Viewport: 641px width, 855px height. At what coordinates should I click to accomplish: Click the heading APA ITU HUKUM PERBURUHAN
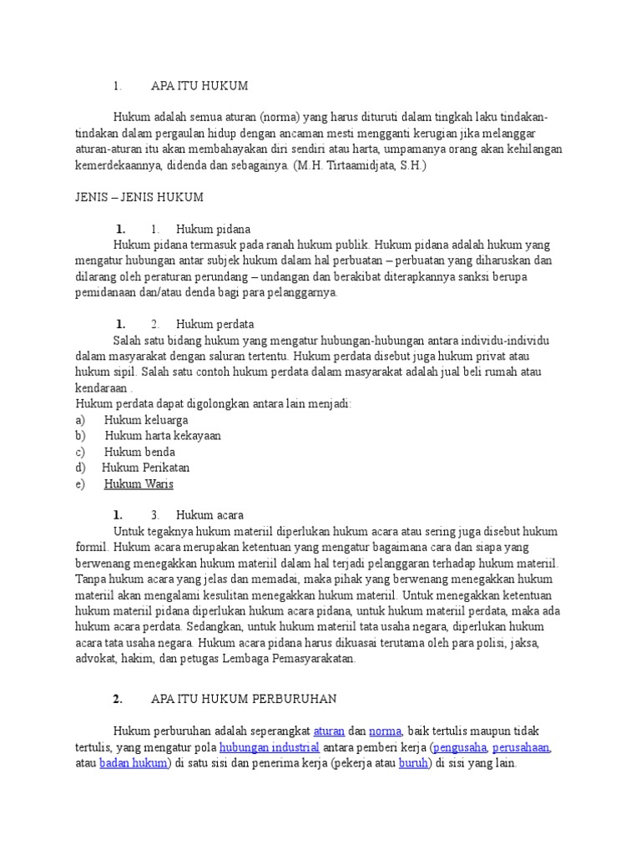coord(244,699)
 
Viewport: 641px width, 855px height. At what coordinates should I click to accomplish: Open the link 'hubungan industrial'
coord(270,747)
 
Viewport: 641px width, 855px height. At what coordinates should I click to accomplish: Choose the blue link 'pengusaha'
coord(460,747)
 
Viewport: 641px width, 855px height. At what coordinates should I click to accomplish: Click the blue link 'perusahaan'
coord(522,747)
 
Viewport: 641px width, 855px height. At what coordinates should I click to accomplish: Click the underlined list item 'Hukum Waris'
coord(139,483)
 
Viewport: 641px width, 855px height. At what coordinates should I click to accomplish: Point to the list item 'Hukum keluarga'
coord(146,420)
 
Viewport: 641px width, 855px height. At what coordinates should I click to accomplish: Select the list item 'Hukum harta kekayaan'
coord(163,436)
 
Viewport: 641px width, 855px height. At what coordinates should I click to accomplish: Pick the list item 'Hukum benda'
coord(139,452)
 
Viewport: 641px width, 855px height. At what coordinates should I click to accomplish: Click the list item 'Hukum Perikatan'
coord(146,468)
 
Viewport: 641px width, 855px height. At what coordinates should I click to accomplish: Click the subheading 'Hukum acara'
coord(209,515)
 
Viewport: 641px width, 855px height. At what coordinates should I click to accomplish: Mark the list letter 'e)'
coord(80,483)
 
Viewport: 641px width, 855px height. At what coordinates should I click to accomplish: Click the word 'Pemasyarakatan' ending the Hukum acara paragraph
coord(314,658)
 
